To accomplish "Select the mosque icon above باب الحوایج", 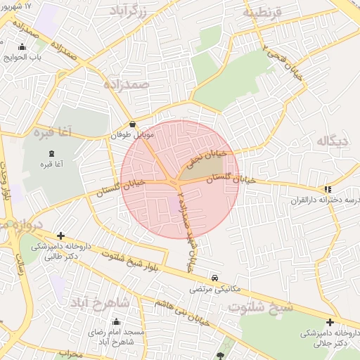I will click(22, 48).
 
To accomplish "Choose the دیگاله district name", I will click(333, 141).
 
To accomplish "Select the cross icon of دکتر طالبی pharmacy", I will click(61, 236).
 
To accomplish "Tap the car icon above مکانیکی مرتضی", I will click(214, 277).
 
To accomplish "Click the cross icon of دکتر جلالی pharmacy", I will click(330, 322).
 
